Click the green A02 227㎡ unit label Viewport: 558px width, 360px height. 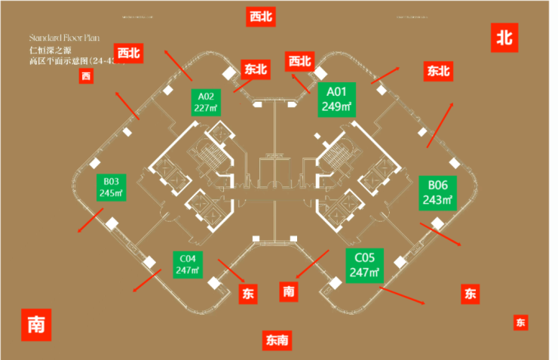pyautogui.click(x=206, y=101)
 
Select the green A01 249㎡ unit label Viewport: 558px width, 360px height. pyautogui.click(x=336, y=99)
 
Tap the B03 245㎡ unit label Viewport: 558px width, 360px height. pyautogui.click(x=111, y=187)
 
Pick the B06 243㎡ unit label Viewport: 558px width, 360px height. pyautogui.click(x=437, y=192)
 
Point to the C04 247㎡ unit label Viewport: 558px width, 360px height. pyautogui.click(x=187, y=264)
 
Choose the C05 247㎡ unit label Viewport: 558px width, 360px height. pyautogui.click(x=365, y=265)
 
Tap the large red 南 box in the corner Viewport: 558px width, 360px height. pyautogui.click(x=35, y=325)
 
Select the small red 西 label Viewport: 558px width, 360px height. pyautogui.click(x=86, y=75)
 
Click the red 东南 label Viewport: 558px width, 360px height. pyautogui.click(x=277, y=340)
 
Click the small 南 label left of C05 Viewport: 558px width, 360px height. pyautogui.click(x=288, y=291)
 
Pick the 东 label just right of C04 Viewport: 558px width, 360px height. pyautogui.click(x=248, y=294)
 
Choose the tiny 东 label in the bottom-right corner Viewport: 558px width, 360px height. pyautogui.click(x=520, y=323)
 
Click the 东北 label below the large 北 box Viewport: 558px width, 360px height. pyautogui.click(x=438, y=72)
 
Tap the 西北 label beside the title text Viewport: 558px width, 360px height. pyautogui.click(x=128, y=53)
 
